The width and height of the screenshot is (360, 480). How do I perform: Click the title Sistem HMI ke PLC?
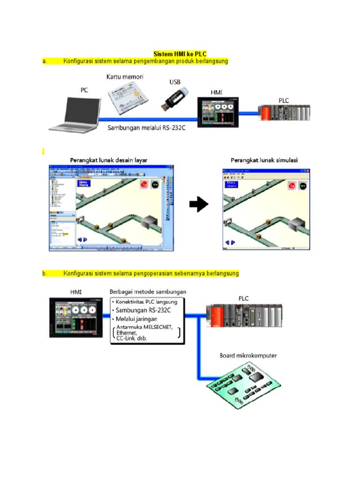(180, 54)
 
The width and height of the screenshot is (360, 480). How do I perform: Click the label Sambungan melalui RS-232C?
(146, 127)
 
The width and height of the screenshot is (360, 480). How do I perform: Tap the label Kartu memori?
(125, 76)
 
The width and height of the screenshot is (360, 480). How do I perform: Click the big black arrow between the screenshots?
(199, 204)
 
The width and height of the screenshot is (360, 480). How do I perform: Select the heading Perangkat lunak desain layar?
(109, 160)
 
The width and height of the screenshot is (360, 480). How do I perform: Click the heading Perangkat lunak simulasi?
(264, 160)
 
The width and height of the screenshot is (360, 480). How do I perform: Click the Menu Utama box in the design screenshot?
(84, 184)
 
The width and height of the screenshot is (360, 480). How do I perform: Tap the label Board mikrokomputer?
(248, 355)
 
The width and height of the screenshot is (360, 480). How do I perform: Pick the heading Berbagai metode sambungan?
(148, 291)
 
